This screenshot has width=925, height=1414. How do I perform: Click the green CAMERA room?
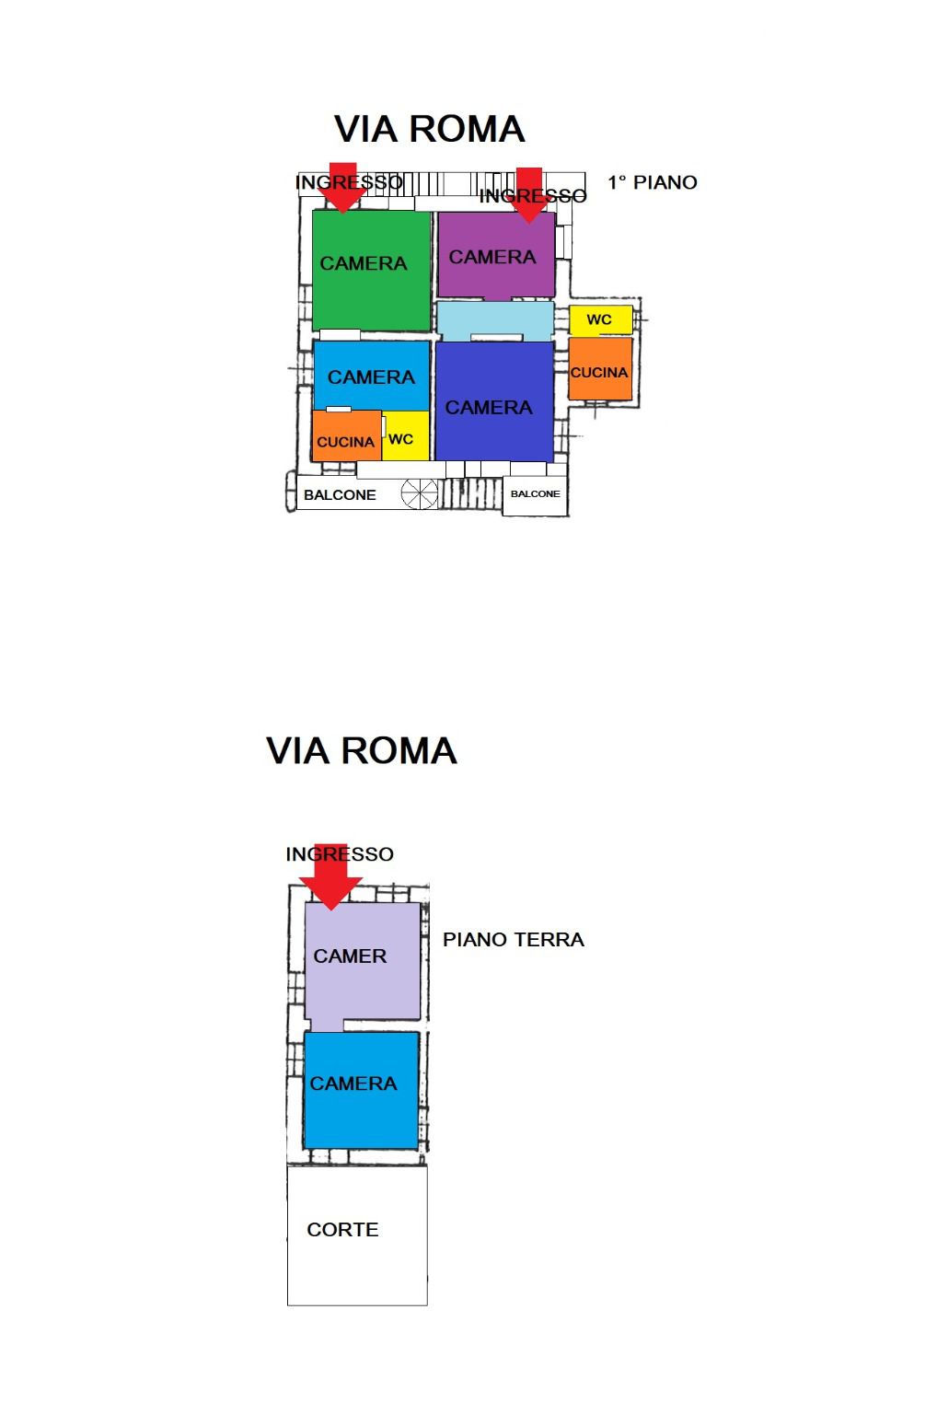371,270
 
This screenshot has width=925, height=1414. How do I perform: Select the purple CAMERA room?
496,254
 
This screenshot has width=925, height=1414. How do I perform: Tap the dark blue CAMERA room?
494,400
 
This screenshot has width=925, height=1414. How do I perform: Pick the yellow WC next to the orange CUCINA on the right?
600,319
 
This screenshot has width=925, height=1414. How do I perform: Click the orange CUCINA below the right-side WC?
599,368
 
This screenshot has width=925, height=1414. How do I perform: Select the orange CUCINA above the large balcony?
346,435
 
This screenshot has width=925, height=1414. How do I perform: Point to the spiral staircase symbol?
420,493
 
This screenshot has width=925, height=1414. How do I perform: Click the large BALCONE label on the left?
340,495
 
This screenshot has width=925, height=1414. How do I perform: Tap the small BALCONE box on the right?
535,496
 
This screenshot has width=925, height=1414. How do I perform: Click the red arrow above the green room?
343,188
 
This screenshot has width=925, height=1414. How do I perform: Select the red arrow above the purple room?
528,195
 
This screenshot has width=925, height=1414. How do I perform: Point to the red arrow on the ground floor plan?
330,876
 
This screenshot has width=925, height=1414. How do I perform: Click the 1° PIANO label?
653,182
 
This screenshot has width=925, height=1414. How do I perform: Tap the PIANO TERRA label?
513,939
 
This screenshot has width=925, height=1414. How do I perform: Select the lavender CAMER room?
362,962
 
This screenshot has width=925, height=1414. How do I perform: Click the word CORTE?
342,1229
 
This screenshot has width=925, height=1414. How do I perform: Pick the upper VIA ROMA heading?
429,130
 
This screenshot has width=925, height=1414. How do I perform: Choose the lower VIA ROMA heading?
361,751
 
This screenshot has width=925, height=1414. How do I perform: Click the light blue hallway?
495,320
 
